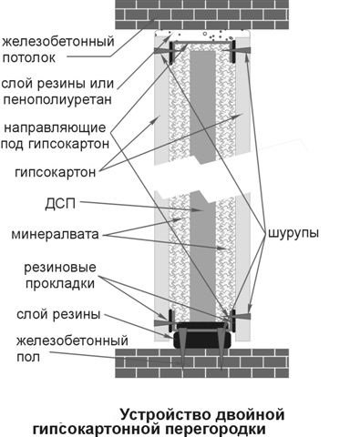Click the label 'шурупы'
[293, 233]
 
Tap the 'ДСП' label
[60, 204]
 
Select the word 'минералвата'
[55, 234]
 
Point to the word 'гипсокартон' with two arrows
[56, 172]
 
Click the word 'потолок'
[29, 57]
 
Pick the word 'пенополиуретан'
[57, 99]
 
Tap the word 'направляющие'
[55, 127]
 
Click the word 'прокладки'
[60, 283]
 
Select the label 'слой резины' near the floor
[58, 314]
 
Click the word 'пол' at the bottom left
[28, 357]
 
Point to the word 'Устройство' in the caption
[166, 415]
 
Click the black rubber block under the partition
[202, 340]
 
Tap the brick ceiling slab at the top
[201, 15]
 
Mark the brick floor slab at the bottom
[201, 363]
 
